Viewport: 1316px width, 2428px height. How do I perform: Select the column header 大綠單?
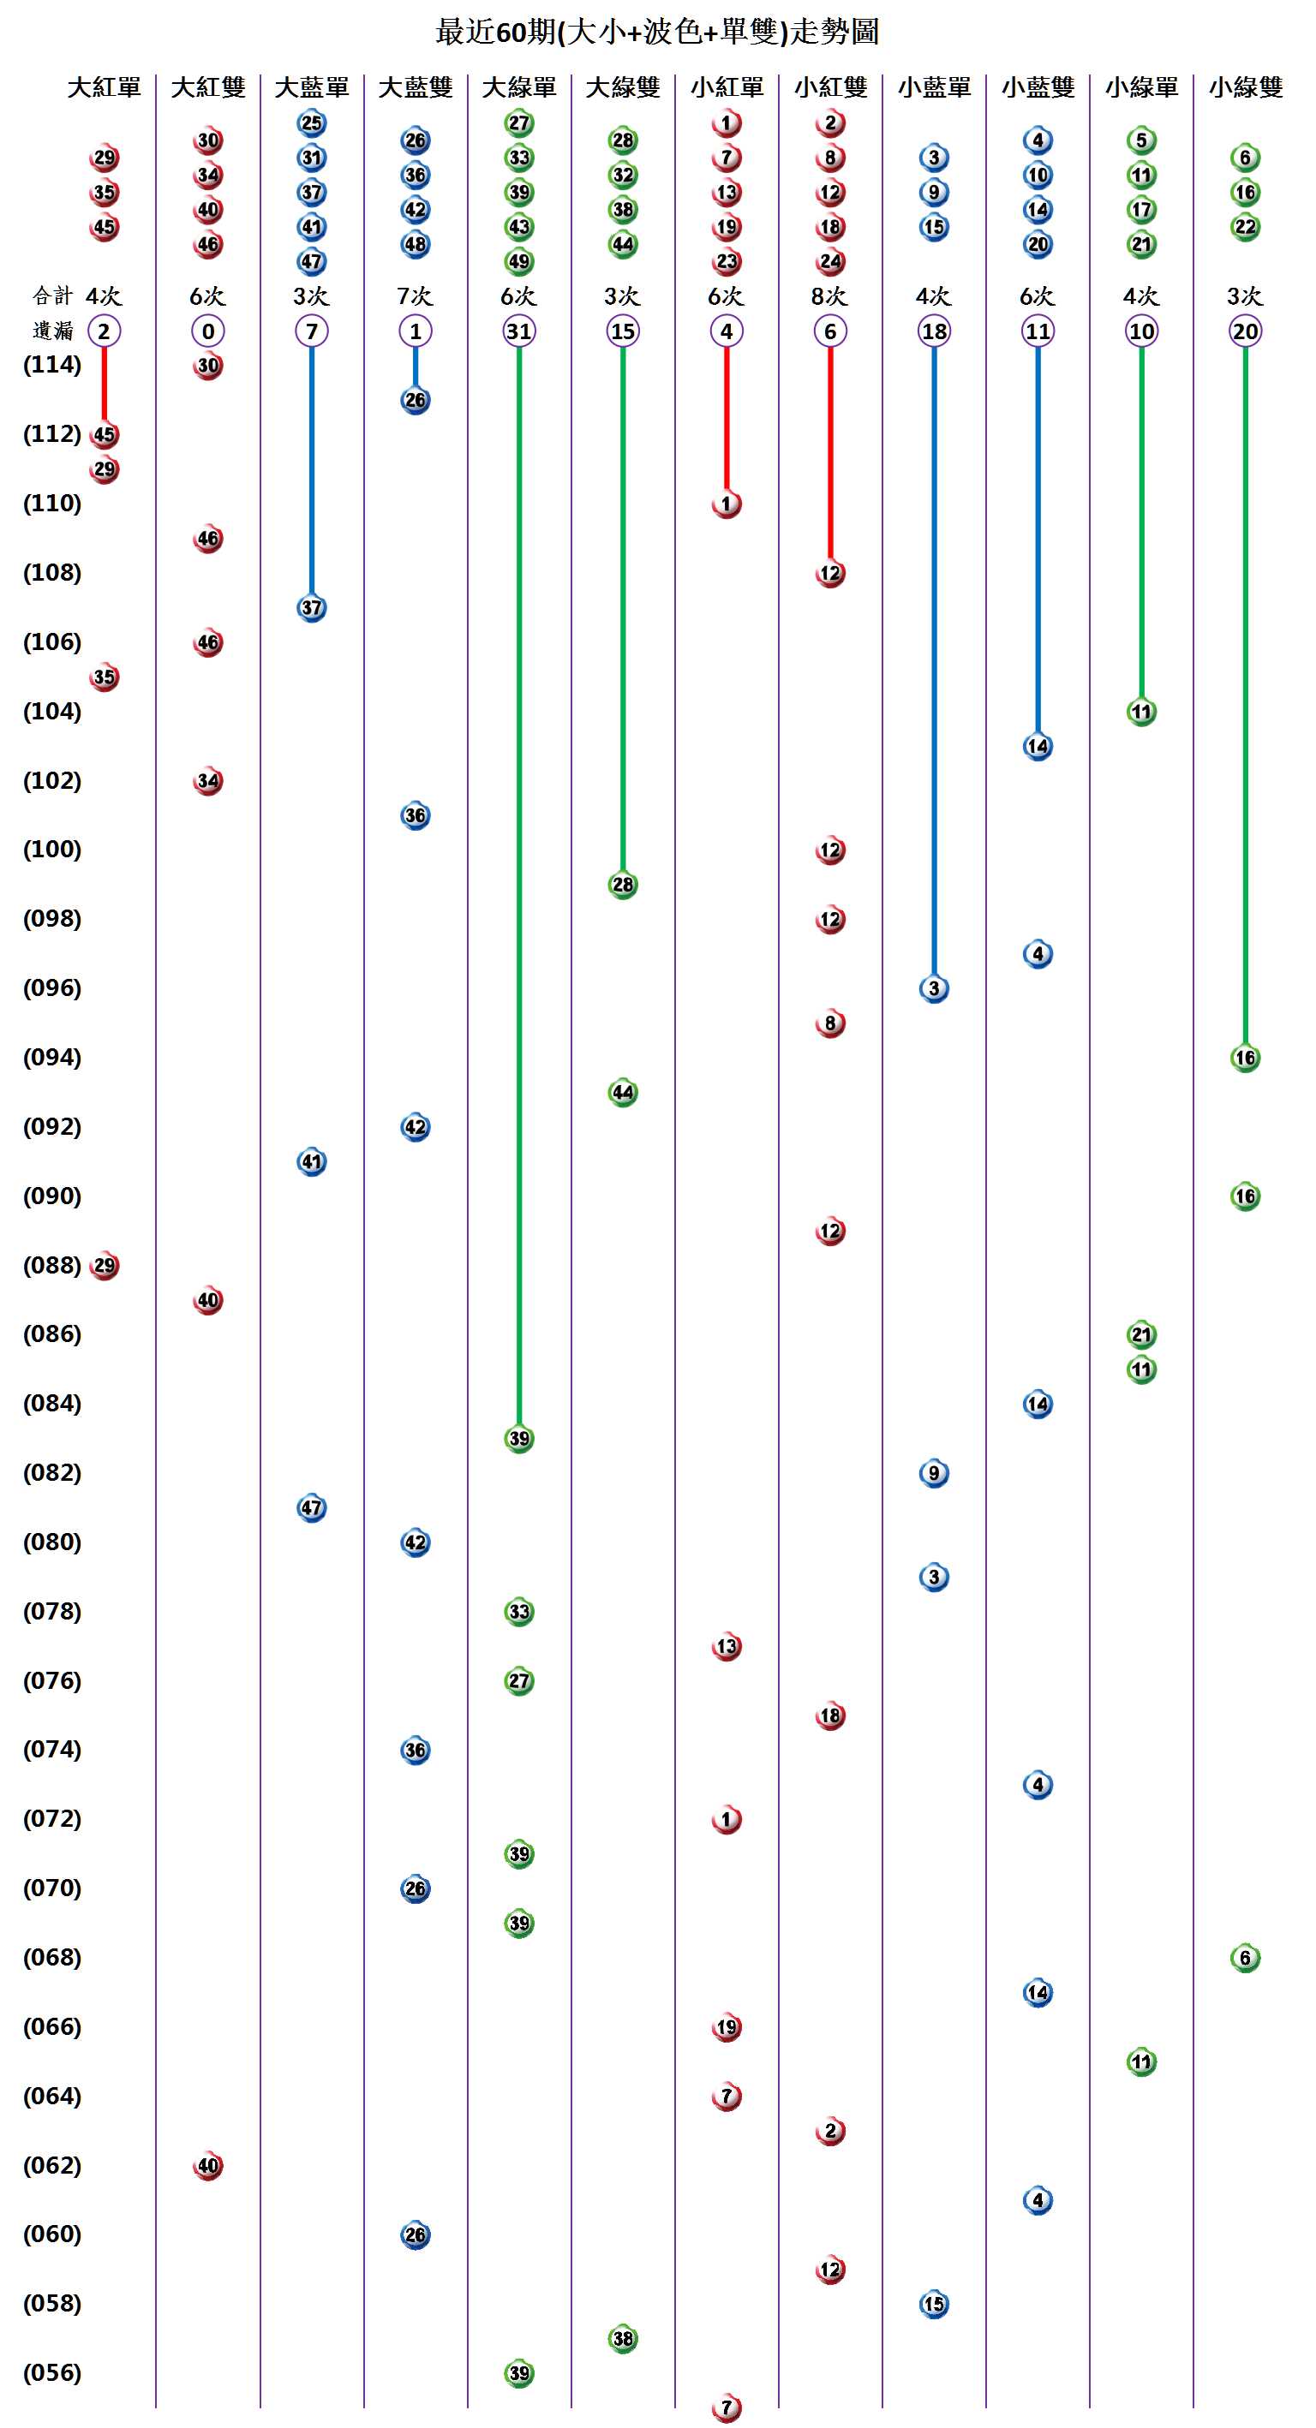click(x=518, y=87)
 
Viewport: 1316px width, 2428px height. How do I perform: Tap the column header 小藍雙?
click(x=1037, y=87)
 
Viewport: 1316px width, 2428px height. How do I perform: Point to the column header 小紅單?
click(x=726, y=87)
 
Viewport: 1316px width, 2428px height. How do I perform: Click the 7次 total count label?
click(x=415, y=296)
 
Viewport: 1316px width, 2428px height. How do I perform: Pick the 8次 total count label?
click(x=829, y=296)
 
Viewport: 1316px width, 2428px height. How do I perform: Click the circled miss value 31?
click(x=518, y=331)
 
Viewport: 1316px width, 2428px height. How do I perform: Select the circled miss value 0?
click(x=207, y=331)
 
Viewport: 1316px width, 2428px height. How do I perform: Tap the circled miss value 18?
click(x=933, y=331)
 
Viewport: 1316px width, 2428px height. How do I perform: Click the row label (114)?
click(x=52, y=365)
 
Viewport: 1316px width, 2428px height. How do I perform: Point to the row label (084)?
click(x=52, y=1404)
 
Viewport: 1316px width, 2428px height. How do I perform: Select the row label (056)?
click(x=52, y=2372)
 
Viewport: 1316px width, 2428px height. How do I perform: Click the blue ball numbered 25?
click(x=311, y=123)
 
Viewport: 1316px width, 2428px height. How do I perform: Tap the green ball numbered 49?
click(x=518, y=261)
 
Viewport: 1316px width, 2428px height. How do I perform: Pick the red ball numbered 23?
click(x=726, y=261)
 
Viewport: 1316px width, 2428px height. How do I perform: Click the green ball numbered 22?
click(x=1244, y=227)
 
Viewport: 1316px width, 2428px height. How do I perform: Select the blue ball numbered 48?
click(x=415, y=244)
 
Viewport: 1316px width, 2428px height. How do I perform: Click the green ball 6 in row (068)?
click(x=1244, y=1958)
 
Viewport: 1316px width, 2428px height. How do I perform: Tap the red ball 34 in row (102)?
click(x=207, y=781)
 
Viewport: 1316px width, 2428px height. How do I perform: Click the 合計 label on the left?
click(x=52, y=296)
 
